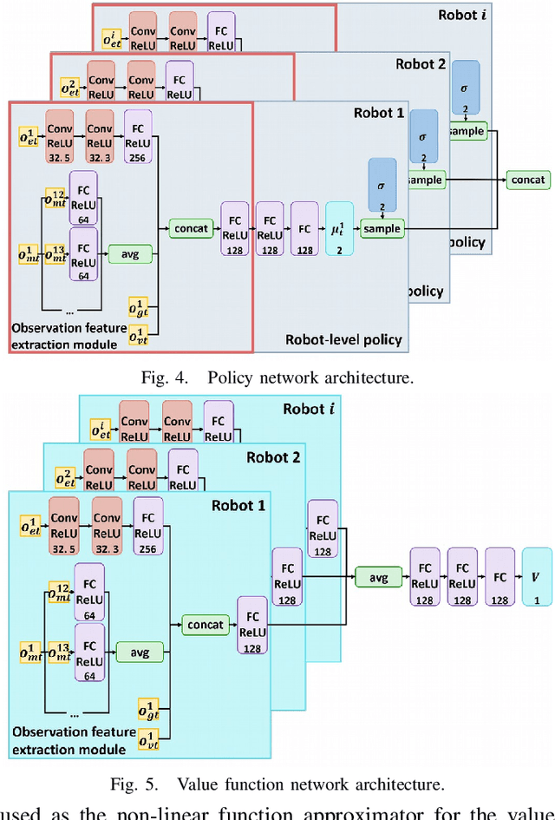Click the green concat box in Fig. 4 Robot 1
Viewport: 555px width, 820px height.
(x=190, y=228)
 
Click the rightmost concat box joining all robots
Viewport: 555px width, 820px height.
(x=528, y=180)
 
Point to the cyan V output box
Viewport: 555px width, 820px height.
(x=537, y=576)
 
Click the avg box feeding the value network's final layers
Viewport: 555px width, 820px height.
(x=378, y=576)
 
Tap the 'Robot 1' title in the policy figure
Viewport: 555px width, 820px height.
(x=379, y=113)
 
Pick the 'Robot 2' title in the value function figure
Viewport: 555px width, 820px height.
(x=273, y=456)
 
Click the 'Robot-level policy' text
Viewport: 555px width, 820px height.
(x=343, y=339)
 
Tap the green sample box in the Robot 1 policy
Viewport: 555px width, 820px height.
(x=382, y=228)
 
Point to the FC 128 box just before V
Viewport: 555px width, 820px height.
(x=500, y=576)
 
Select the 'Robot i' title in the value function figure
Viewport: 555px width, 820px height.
(x=310, y=408)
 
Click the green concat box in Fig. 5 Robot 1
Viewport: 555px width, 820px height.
(x=205, y=625)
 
